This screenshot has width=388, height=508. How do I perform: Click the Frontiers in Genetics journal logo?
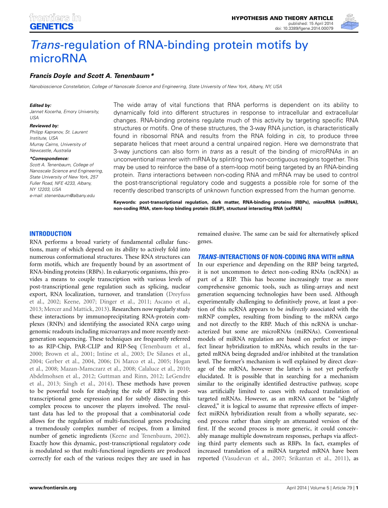point(55,22)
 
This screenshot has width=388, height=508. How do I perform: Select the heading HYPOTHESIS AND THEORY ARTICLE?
point(282,18)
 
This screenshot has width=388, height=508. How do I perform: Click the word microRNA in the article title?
point(58,58)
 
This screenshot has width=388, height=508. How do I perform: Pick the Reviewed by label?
point(44,126)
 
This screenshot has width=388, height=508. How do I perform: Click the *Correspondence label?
point(49,158)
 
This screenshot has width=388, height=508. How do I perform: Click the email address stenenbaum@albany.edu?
point(62,195)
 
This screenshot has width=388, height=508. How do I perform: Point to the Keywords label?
point(125,202)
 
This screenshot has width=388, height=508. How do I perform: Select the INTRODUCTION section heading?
point(50,234)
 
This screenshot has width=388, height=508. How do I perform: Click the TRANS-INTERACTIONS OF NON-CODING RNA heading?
point(276,257)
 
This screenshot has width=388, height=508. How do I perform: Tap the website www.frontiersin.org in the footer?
point(53,488)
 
